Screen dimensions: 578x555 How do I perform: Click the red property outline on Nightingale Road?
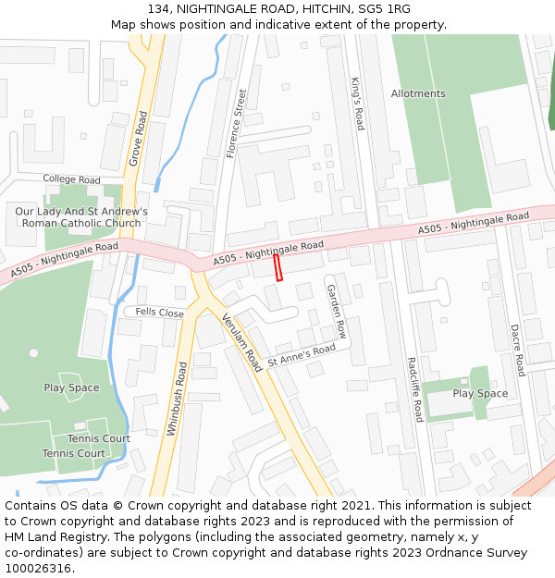[x=277, y=267]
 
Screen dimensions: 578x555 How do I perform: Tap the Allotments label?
[x=418, y=93]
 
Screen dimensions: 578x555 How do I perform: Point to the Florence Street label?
[x=237, y=124]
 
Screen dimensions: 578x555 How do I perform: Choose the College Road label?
[x=71, y=178]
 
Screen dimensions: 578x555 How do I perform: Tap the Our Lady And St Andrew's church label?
[x=81, y=217]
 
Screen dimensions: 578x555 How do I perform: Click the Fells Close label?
[x=159, y=314]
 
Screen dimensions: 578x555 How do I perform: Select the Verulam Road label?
[x=242, y=342]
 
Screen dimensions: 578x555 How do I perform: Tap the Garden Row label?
[x=336, y=311]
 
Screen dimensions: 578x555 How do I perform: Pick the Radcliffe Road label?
[x=414, y=389]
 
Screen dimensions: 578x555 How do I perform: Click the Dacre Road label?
[x=518, y=350]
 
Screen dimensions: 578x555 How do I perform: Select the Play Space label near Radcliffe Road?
[x=480, y=394]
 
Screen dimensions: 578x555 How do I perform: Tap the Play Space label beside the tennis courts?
[x=71, y=387]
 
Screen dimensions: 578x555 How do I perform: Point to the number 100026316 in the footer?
[x=38, y=568]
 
